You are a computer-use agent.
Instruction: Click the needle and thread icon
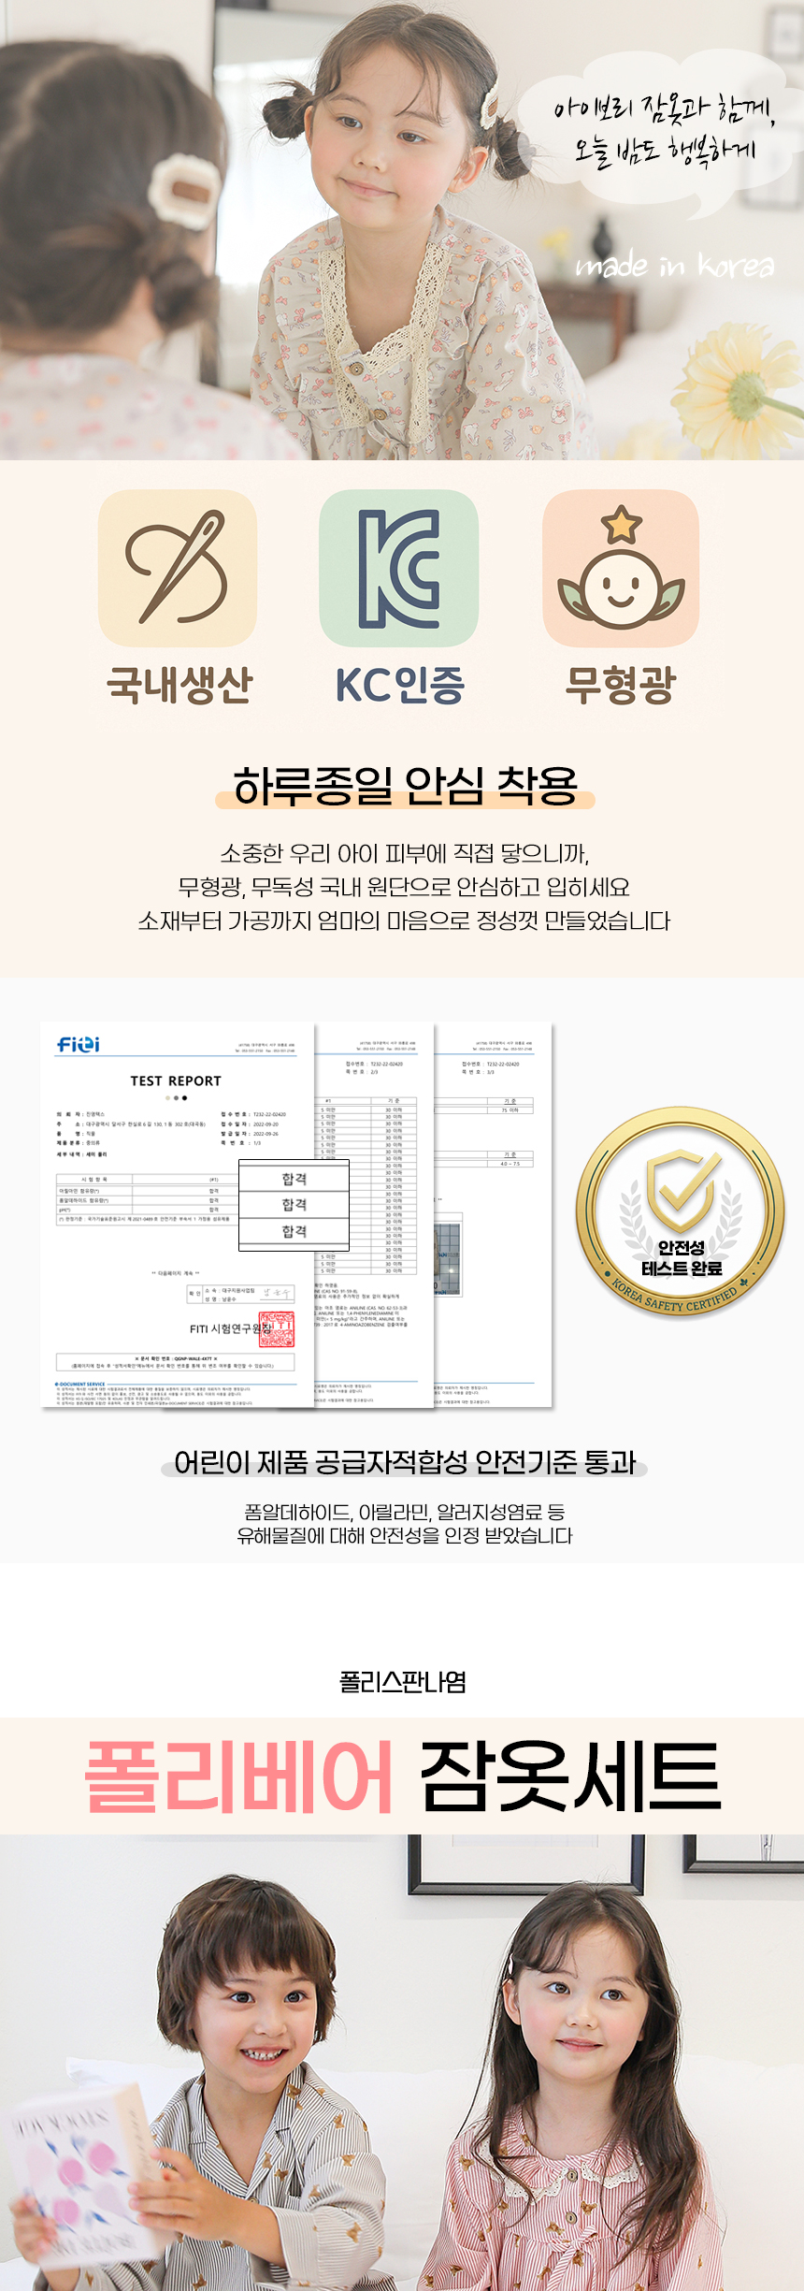[x=178, y=568]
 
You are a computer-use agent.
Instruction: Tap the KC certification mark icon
[x=399, y=568]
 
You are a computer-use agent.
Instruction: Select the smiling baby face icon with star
[x=621, y=568]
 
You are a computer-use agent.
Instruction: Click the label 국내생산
[x=179, y=685]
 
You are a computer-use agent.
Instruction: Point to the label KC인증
[x=400, y=685]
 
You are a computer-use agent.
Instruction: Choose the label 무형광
[x=620, y=685]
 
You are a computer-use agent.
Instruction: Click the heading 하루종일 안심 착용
[x=405, y=786]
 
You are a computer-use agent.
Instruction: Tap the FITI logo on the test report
[x=79, y=1044]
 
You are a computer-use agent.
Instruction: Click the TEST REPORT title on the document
[x=176, y=1080]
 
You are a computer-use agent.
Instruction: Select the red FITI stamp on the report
[x=276, y=1329]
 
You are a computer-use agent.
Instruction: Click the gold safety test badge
[x=681, y=1212]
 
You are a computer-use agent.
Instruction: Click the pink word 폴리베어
[x=238, y=1776]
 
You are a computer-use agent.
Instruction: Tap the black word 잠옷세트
[x=570, y=1776]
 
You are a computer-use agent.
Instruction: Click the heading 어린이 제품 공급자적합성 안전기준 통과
[x=405, y=1462]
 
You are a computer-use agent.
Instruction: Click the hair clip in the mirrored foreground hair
[x=181, y=192]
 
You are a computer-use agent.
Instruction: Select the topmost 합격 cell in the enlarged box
[x=294, y=1179]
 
